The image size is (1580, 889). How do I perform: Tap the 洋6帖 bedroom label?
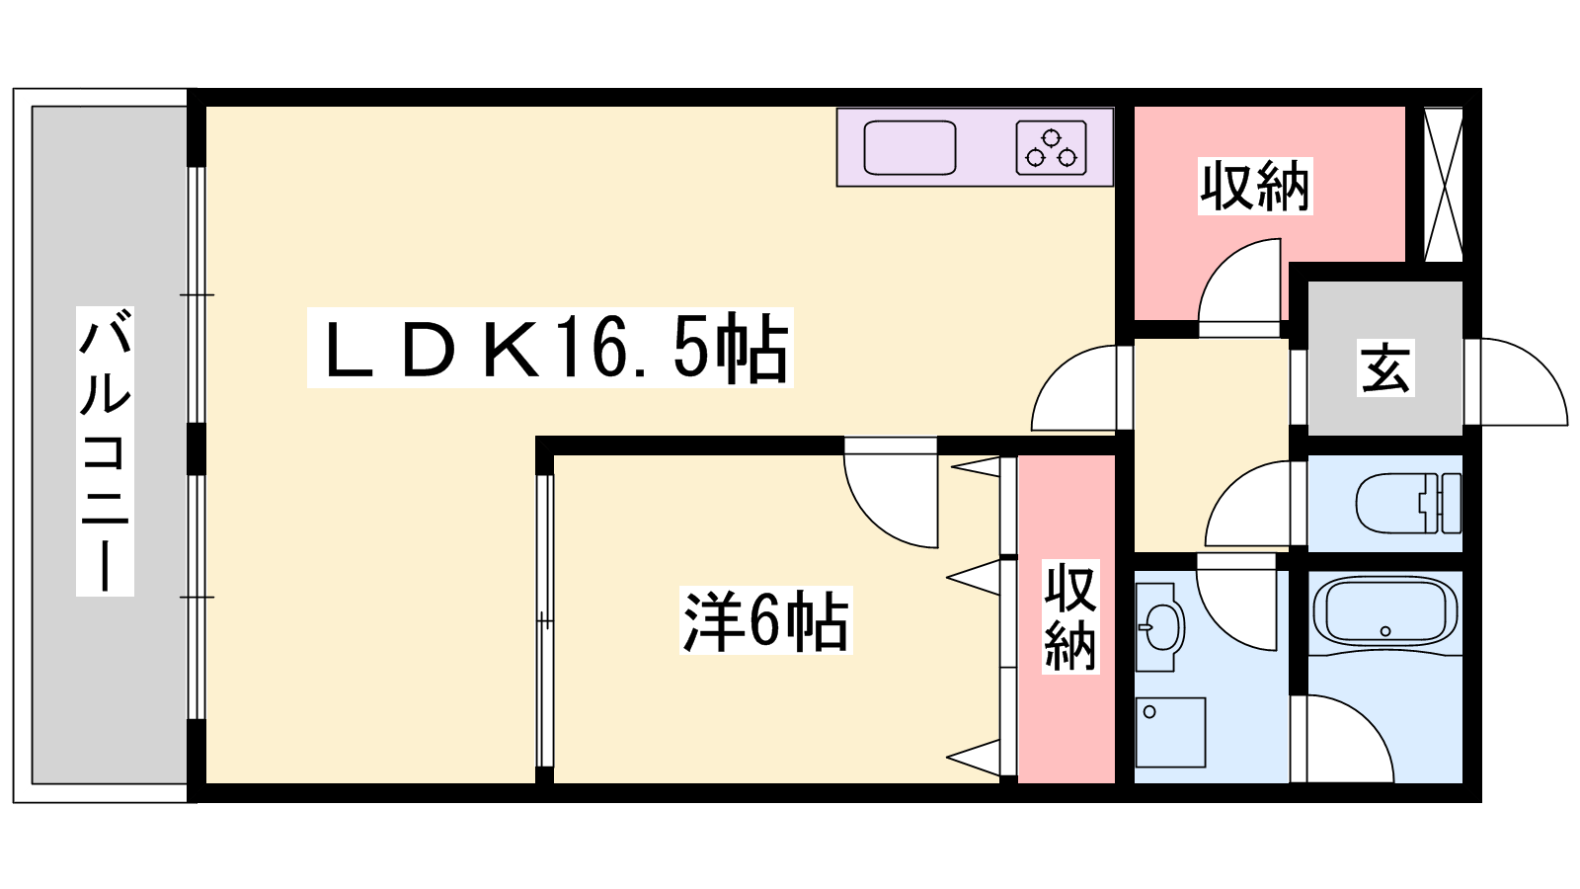point(766,620)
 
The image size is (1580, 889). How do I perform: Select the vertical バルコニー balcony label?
point(105,451)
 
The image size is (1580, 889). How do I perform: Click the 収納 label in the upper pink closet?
point(1255,187)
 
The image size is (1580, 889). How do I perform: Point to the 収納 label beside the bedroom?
point(1070,616)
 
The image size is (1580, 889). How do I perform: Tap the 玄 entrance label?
point(1386,367)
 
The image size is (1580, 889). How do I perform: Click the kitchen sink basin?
point(909,147)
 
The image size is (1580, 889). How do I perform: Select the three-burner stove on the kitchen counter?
point(1051,147)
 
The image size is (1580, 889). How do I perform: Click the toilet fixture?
point(1408,503)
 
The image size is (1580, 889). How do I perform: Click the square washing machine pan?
point(1170,732)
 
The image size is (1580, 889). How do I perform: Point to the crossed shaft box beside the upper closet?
point(1443,185)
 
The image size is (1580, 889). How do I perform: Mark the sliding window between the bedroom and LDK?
point(544,621)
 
